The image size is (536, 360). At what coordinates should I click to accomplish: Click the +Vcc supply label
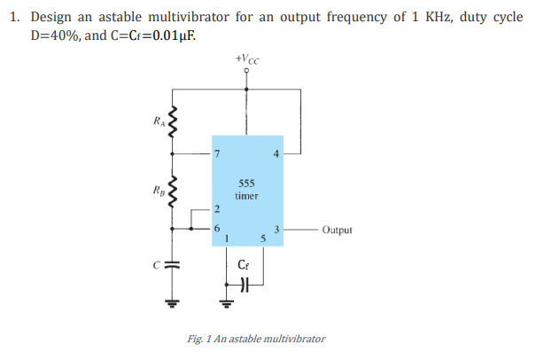tap(247, 59)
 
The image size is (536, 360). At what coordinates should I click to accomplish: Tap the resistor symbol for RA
tap(175, 125)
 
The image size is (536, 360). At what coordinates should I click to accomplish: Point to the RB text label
tap(158, 188)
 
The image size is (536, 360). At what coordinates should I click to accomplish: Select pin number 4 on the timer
tap(276, 156)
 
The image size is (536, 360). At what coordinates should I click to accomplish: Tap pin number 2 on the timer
tap(218, 209)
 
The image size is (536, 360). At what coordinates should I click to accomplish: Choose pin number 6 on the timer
tap(218, 227)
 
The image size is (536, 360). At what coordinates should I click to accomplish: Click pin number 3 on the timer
tap(276, 229)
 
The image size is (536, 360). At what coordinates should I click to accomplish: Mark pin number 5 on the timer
tap(263, 238)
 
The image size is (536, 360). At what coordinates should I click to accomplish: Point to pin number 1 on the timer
tap(228, 237)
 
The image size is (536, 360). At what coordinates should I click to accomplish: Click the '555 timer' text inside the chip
tap(247, 189)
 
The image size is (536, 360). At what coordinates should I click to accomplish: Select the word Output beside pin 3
tap(338, 230)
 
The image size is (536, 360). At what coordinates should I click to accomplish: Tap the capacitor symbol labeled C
tap(175, 264)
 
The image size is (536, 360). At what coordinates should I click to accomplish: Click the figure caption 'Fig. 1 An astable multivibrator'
tap(256, 339)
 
